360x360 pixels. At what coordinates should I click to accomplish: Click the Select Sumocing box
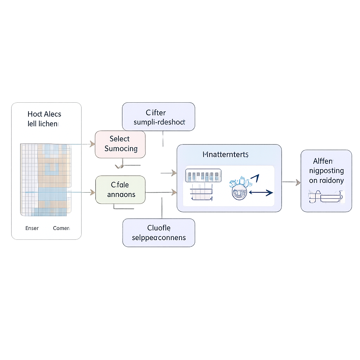(120, 144)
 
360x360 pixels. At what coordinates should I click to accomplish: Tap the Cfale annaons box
(120, 189)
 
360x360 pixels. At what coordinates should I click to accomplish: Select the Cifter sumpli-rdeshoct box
(158, 117)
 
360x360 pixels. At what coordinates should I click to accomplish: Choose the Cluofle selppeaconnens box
(159, 233)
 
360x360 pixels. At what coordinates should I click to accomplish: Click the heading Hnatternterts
(225, 154)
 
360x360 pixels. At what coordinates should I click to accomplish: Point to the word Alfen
(323, 161)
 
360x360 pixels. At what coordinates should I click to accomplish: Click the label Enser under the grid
(32, 228)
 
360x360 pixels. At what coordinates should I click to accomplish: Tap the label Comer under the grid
(61, 228)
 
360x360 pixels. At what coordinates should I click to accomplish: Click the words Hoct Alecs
(44, 114)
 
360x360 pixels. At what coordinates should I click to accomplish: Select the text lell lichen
(43, 124)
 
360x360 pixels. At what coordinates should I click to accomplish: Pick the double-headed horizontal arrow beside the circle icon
(261, 193)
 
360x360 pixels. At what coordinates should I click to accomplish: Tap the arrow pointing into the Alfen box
(297, 182)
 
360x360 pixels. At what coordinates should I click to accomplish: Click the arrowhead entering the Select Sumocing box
(92, 144)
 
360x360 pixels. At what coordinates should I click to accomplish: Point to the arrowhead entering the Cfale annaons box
(92, 192)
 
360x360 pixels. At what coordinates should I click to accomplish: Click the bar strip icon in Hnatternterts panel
(203, 175)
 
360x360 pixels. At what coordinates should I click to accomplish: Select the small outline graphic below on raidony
(326, 197)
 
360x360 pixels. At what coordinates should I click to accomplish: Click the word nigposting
(326, 171)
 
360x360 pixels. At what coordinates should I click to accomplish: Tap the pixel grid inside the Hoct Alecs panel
(46, 179)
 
